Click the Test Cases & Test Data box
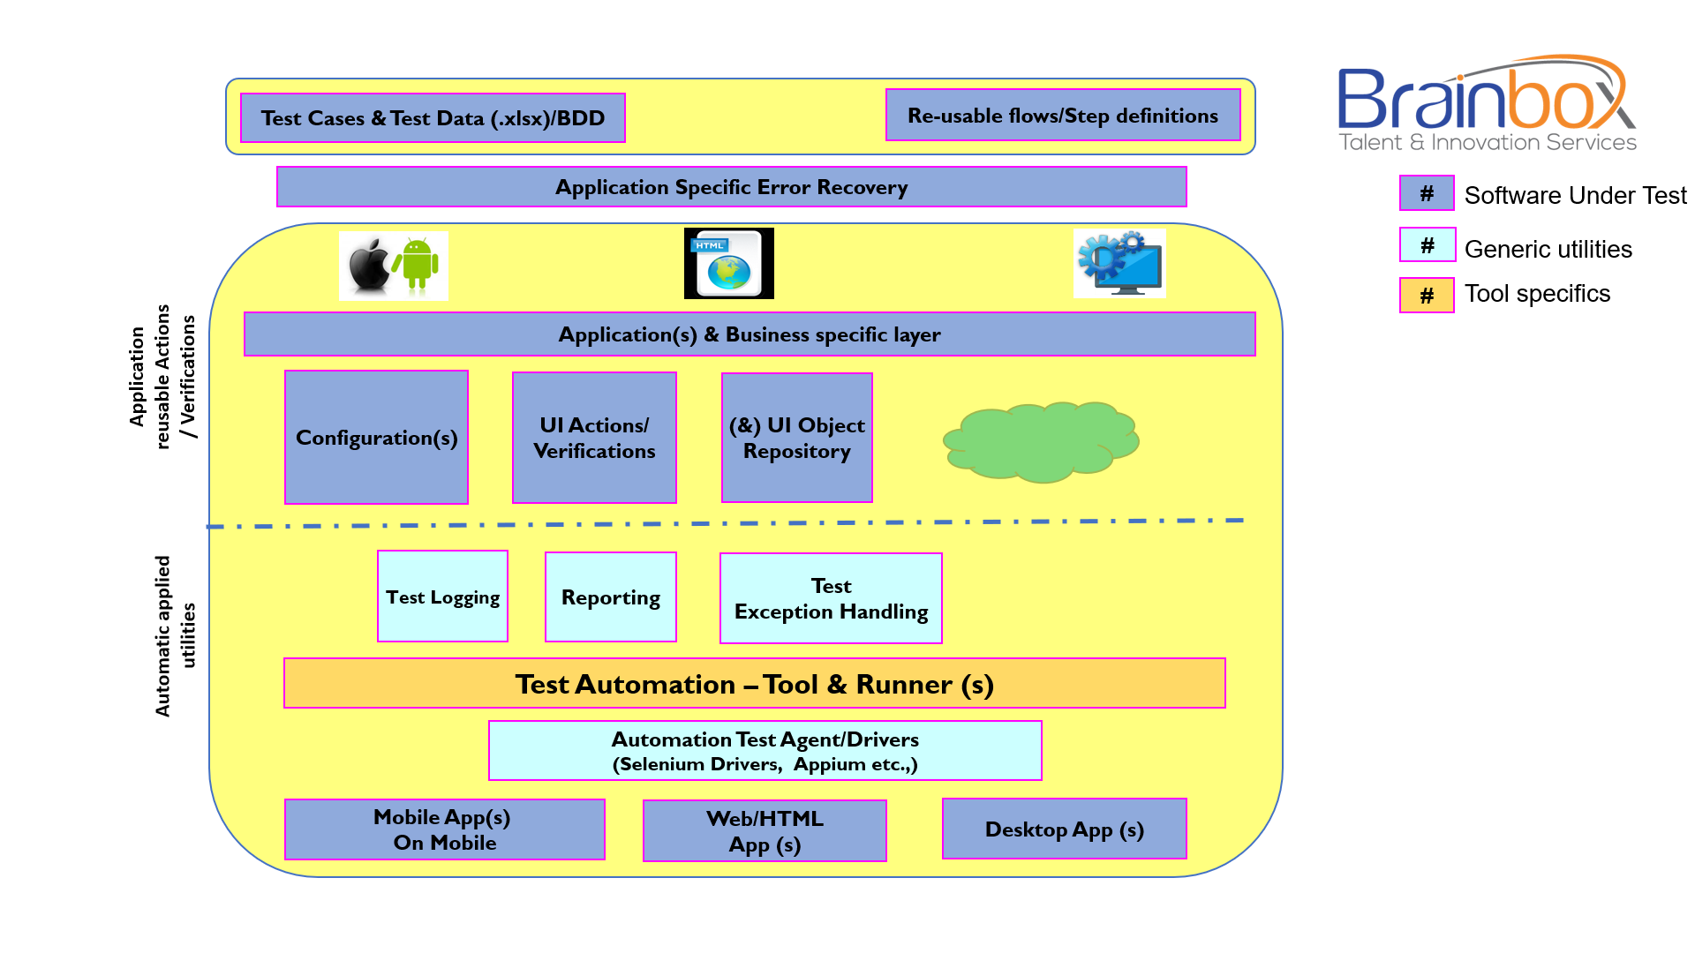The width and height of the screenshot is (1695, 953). [x=433, y=118]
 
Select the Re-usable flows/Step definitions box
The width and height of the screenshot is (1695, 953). [x=1062, y=116]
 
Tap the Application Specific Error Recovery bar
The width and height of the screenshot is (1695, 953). [x=731, y=187]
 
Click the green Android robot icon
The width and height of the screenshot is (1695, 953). [x=418, y=264]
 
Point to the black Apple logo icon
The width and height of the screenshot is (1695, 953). [x=369, y=266]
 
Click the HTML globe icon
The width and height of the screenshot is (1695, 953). [x=728, y=264]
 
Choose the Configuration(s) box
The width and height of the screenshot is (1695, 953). [x=376, y=438]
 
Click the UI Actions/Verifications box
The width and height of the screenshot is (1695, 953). [x=594, y=438]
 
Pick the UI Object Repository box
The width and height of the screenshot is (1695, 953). [x=796, y=438]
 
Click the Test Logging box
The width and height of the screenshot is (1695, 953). [x=442, y=597]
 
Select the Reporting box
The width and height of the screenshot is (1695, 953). [x=610, y=597]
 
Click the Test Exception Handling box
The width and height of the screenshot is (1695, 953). [x=831, y=598]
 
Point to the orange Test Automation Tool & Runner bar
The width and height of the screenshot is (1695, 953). [x=754, y=684]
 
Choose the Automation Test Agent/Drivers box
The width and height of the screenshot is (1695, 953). [x=765, y=751]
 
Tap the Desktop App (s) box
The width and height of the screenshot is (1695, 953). [x=1064, y=829]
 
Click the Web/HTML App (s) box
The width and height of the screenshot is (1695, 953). [x=765, y=831]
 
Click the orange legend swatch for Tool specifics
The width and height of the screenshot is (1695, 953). [x=1426, y=296]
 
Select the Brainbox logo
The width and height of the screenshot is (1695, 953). [x=1487, y=104]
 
